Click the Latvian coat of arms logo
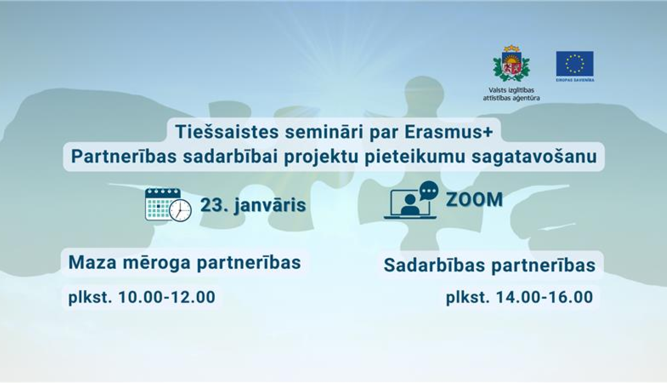click(511, 64)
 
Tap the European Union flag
click(575, 64)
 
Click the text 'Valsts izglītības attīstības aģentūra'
click(511, 94)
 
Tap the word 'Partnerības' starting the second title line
click(124, 156)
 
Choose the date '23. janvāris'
click(253, 205)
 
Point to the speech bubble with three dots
click(429, 191)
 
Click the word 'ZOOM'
click(474, 200)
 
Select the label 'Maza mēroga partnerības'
click(185, 262)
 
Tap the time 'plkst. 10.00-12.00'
click(141, 297)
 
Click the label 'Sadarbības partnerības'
click(489, 265)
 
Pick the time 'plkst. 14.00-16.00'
click(519, 297)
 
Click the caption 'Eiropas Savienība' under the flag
click(575, 80)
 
